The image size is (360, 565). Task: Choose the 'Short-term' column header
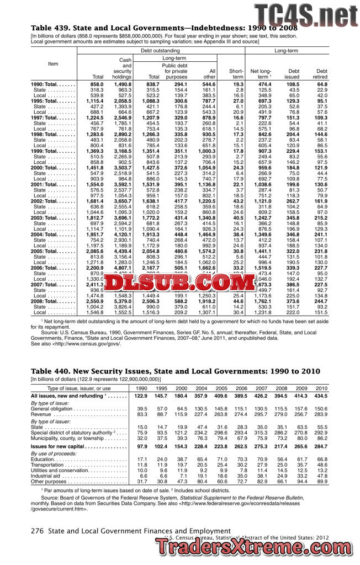(x=236, y=74)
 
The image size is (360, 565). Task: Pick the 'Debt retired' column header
(x=321, y=74)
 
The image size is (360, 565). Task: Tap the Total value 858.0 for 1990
(x=97, y=84)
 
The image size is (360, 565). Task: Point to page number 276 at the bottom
(x=37, y=530)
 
